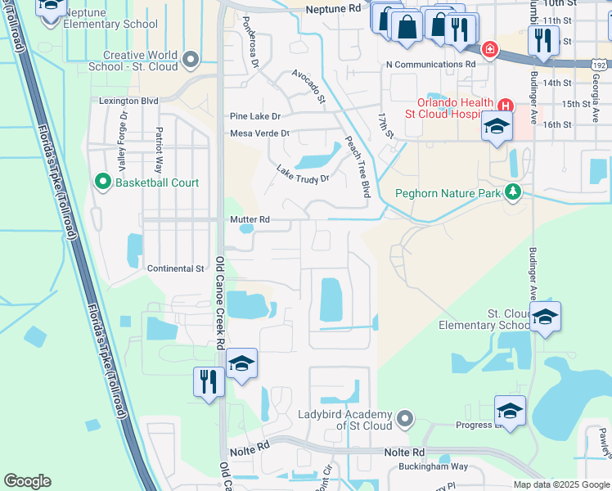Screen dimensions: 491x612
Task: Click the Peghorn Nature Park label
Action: pyautogui.click(x=447, y=194)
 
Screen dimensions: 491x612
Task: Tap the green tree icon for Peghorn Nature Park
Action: pyautogui.click(x=513, y=192)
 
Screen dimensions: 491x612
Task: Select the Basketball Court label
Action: pyautogui.click(x=156, y=182)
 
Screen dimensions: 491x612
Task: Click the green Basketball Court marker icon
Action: pyautogui.click(x=103, y=182)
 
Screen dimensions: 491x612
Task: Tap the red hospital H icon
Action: pyautogui.click(x=506, y=105)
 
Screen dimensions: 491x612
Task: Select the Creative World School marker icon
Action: pyautogui.click(x=191, y=59)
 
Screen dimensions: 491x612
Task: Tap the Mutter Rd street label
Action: pyautogui.click(x=250, y=219)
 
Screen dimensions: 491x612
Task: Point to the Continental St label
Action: pyautogui.click(x=175, y=268)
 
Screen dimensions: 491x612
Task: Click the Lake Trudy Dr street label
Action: pyautogui.click(x=302, y=173)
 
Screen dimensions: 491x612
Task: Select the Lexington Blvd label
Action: pyautogui.click(x=128, y=101)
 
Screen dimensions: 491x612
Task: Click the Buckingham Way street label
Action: pyautogui.click(x=433, y=466)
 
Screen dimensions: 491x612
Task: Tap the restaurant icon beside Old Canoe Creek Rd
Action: pyautogui.click(x=209, y=381)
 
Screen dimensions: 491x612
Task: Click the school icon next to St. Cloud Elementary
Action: pyautogui.click(x=545, y=318)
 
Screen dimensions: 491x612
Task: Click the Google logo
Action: pyautogui.click(x=27, y=481)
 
